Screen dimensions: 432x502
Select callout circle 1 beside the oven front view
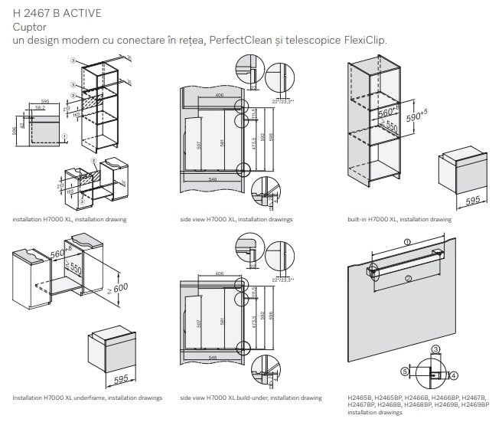tap(66, 135)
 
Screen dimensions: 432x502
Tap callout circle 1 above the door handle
tap(406, 241)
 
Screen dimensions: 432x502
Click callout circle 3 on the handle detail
tap(435, 350)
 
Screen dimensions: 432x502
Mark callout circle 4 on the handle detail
tap(454, 375)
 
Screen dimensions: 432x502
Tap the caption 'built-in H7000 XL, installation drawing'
tap(399, 220)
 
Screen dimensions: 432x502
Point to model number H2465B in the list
tap(360, 398)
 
